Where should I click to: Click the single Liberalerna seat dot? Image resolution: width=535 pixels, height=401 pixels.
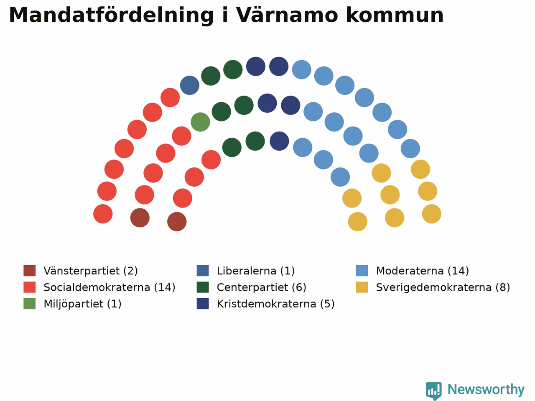[190, 85]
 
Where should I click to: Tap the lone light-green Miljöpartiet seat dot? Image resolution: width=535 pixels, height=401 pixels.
[200, 122]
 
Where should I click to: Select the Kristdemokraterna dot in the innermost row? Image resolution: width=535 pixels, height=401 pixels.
[279, 141]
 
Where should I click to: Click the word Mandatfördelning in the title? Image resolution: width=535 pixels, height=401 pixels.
[111, 15]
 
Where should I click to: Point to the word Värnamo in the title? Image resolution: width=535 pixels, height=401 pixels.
[287, 15]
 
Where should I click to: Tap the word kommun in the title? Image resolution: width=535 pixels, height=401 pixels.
[395, 15]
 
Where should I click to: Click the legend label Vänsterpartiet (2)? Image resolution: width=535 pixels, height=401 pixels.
[91, 271]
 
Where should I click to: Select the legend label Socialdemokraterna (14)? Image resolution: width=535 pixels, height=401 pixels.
[110, 287]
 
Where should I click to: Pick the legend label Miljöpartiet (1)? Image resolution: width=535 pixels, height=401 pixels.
[82, 304]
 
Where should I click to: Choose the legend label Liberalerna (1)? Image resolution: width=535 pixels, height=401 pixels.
[256, 271]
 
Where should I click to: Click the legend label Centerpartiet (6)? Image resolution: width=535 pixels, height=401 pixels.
[262, 287]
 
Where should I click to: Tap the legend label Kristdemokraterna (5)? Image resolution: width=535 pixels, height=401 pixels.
[276, 304]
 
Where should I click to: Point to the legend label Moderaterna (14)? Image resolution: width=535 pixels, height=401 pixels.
[423, 271]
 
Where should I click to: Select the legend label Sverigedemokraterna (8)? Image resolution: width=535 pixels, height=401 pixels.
[443, 287]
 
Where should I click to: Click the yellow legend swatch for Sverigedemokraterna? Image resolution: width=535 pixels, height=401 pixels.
[362, 287]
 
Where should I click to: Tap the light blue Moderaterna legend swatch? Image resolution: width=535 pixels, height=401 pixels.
[362, 271]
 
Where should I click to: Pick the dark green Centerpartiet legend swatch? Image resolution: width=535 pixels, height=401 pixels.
[203, 287]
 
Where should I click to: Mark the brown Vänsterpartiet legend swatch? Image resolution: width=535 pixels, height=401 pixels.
[30, 271]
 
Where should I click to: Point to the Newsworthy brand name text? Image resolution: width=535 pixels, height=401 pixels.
[486, 390]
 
